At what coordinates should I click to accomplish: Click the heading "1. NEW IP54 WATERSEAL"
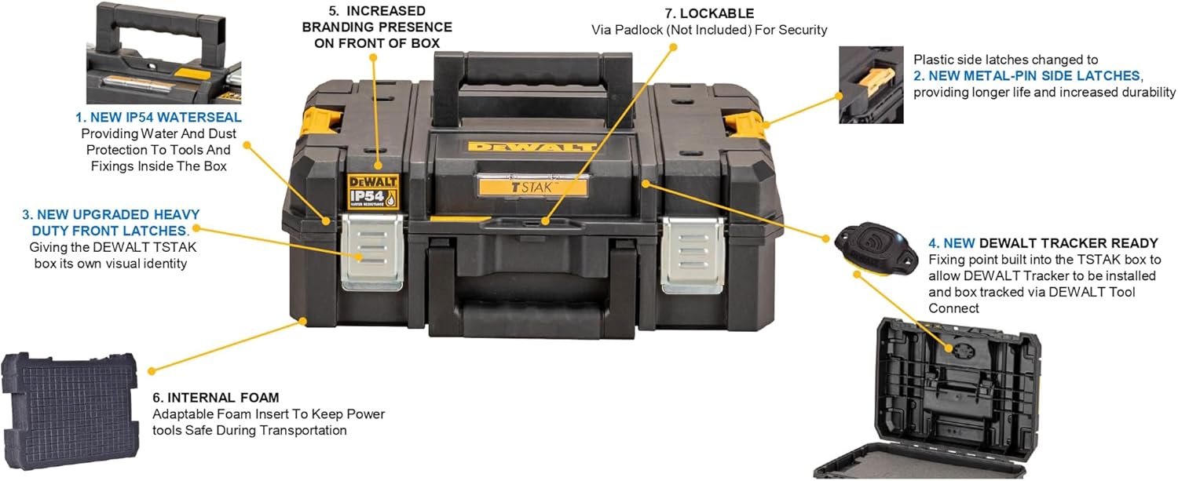tap(159, 117)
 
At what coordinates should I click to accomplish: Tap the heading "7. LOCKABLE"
tap(709, 13)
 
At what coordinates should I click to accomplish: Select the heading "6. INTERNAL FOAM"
tap(216, 397)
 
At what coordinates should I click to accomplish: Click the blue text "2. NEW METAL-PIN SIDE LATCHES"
tap(1026, 75)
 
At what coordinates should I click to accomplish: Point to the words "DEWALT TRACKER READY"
tap(1069, 243)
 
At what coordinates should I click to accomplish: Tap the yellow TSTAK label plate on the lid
tap(532, 187)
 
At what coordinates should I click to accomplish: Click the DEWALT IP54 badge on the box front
tap(373, 191)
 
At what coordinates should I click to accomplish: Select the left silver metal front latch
tap(372, 253)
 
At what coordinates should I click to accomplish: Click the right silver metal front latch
tap(693, 255)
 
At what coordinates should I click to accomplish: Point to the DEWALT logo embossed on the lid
tap(532, 146)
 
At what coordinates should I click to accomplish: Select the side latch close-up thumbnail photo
tap(871, 85)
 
